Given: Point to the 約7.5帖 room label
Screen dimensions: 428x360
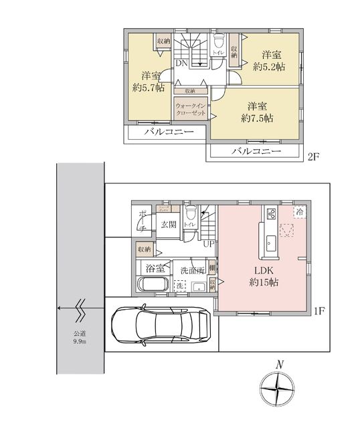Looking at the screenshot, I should pyautogui.click(x=257, y=111).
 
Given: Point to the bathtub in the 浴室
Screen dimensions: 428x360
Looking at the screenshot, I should pyautogui.click(x=155, y=285).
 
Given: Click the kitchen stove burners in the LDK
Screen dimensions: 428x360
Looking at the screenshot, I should pyautogui.click(x=272, y=215).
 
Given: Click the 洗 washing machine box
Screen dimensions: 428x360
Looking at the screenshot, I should pyautogui.click(x=179, y=286).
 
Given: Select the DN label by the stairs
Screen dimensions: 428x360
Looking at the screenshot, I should pyautogui.click(x=181, y=64).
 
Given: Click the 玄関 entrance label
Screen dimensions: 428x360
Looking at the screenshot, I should pyautogui.click(x=168, y=225).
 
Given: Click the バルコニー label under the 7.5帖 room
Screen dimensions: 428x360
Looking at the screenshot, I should pyautogui.click(x=256, y=151).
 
